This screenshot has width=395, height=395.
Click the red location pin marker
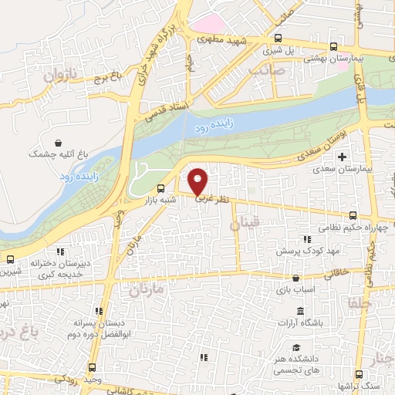click(x=198, y=181)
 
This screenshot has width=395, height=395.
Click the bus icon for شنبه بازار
click(x=160, y=188)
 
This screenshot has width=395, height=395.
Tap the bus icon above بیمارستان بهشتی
click(x=333, y=46)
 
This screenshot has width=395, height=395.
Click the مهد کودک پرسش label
click(x=299, y=252)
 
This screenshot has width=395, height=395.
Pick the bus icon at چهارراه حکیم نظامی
click(x=351, y=214)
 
